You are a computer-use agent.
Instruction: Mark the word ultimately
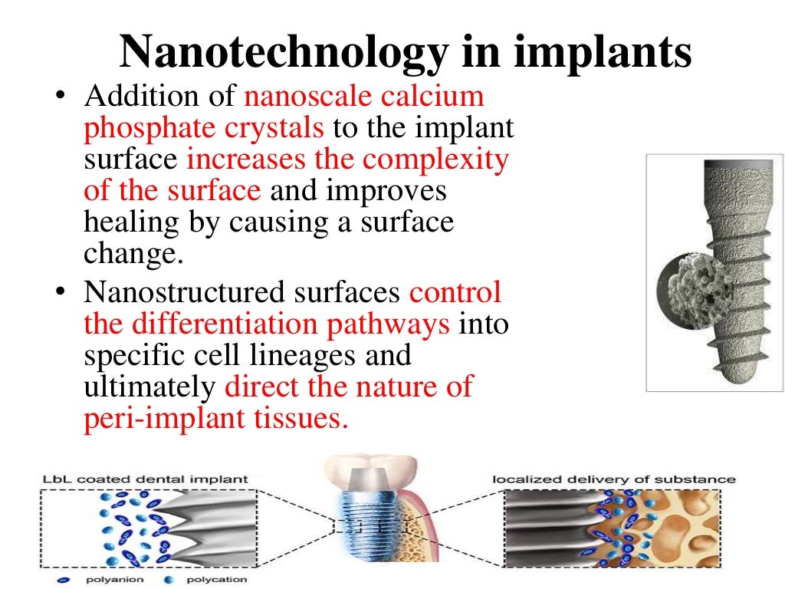pyautogui.click(x=149, y=387)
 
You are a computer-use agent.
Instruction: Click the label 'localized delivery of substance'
pyautogui.click(x=613, y=479)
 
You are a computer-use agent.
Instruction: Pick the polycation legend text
pyautogui.click(x=218, y=580)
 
